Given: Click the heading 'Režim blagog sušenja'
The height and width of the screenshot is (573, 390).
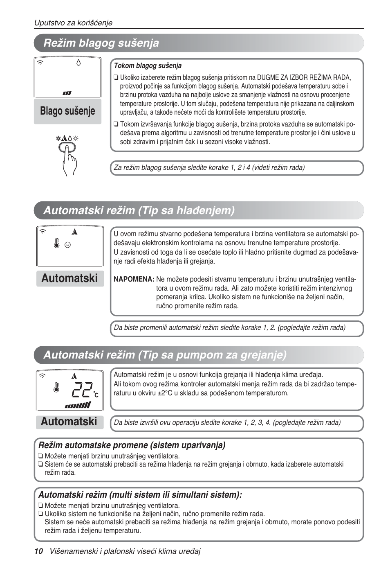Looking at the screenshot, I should (101, 43).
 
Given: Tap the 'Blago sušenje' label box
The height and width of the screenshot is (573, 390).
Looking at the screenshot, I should (67, 111).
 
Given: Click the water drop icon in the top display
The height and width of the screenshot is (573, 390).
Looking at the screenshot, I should (78, 62).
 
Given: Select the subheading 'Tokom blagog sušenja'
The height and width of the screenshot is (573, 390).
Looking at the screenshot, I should (148, 65).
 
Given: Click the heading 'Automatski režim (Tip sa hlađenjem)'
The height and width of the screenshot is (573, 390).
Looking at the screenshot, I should (139, 210).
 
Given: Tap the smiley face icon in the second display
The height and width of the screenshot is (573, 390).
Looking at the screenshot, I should (68, 245).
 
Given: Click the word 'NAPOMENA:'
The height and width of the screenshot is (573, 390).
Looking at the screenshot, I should (134, 279).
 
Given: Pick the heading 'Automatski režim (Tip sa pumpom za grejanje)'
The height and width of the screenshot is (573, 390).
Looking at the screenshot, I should (165, 355).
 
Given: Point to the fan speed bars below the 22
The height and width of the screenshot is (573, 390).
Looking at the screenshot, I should (77, 405).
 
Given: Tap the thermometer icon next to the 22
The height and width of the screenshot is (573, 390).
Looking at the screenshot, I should (56, 388).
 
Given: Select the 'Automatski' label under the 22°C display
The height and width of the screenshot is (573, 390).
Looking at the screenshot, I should (69, 422).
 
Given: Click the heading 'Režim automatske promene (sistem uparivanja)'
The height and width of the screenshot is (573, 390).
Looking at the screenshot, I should (132, 445).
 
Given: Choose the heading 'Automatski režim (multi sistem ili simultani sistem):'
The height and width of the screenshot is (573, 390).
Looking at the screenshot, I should (140, 495).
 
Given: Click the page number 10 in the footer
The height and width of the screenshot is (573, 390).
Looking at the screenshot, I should (38, 551).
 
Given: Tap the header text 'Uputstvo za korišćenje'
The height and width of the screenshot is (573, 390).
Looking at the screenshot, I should (73, 23).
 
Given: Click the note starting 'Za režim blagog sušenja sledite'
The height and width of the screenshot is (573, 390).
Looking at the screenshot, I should (209, 167).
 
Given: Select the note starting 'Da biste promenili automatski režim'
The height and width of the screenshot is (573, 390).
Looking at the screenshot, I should (229, 327).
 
